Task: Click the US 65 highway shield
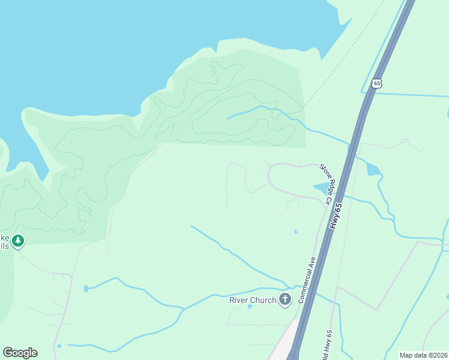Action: (x=376, y=83)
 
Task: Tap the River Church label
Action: (x=253, y=300)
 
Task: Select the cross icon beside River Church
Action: (x=286, y=299)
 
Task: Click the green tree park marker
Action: (x=19, y=241)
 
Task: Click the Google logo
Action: (x=20, y=353)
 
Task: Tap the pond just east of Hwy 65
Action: (x=372, y=169)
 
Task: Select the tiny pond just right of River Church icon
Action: (x=250, y=307)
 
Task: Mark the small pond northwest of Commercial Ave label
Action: (x=295, y=232)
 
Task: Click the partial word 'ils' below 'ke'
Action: (x=4, y=246)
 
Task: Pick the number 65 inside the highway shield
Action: (x=376, y=83)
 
